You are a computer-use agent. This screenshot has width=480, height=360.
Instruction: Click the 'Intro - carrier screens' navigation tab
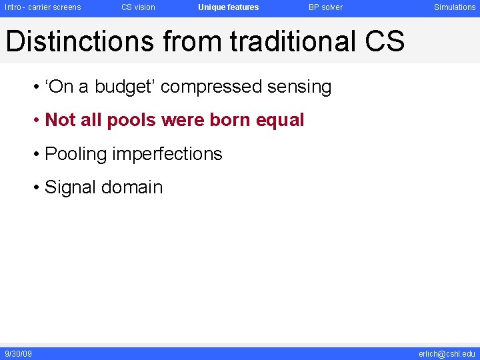click(x=43, y=7)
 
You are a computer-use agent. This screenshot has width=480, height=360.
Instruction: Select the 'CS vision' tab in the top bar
click(x=138, y=7)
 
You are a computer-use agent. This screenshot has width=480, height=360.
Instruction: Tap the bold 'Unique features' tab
click(x=228, y=7)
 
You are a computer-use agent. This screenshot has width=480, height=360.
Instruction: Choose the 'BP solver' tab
click(x=325, y=7)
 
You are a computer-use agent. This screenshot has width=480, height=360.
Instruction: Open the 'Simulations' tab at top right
click(x=455, y=7)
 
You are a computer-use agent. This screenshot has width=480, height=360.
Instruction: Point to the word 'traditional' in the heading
click(x=293, y=41)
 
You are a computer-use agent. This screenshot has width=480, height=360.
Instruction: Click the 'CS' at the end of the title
click(x=385, y=41)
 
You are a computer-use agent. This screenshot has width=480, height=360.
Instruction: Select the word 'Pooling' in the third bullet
click(x=75, y=154)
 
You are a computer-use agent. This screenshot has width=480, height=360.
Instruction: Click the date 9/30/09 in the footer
click(x=18, y=353)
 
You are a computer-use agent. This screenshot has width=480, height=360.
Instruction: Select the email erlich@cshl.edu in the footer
click(x=447, y=353)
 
